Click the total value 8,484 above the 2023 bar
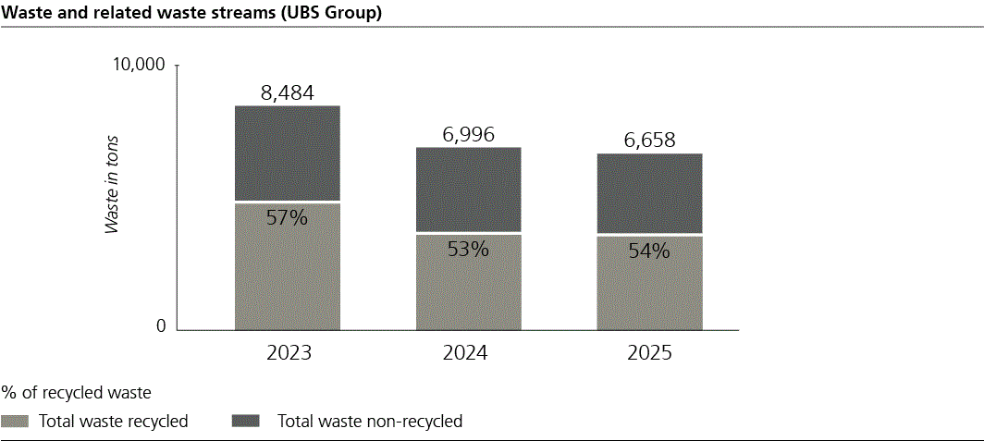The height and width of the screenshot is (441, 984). click(x=287, y=92)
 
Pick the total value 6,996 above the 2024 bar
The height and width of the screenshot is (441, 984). click(x=468, y=134)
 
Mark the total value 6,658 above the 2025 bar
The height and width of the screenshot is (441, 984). click(x=649, y=141)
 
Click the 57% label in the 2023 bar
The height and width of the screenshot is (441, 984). click(x=287, y=218)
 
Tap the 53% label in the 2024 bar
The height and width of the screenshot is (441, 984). click(x=468, y=249)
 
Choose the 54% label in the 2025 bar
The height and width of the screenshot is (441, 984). click(x=649, y=251)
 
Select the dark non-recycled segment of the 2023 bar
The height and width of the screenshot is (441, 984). click(x=287, y=153)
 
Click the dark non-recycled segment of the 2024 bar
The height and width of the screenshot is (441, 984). click(x=468, y=189)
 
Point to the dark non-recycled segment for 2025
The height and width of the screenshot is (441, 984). click(x=649, y=193)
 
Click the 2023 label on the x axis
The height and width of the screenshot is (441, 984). click(x=287, y=354)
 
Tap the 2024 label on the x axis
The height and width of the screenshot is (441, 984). click(x=468, y=354)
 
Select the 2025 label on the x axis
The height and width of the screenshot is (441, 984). click(x=649, y=354)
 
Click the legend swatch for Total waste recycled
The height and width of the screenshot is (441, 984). click(x=15, y=422)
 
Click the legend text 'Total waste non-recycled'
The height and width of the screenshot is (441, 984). click(x=370, y=422)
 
